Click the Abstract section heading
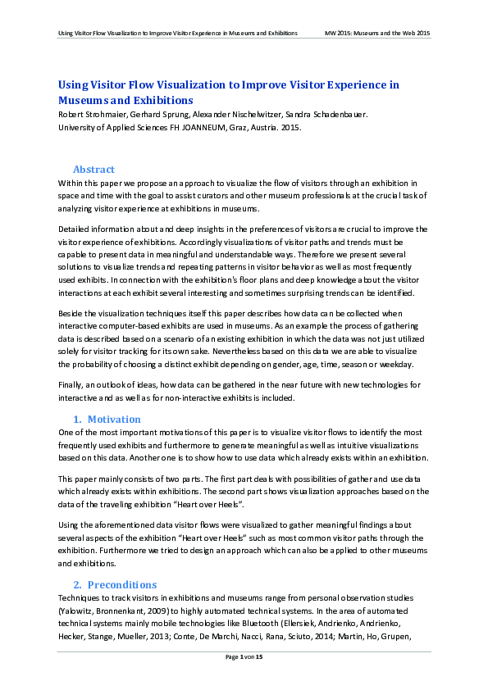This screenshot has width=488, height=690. (93, 170)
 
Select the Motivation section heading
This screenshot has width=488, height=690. (113, 420)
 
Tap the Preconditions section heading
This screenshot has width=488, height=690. (122, 585)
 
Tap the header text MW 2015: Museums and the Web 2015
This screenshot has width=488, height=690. (377, 33)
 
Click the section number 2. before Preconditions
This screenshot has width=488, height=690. (78, 585)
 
